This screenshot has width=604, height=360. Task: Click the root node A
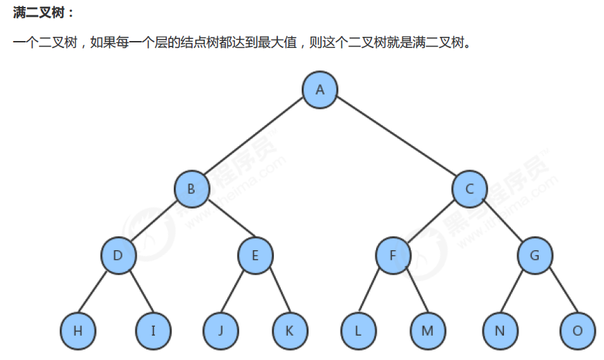[320, 89]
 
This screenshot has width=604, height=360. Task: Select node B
[191, 188]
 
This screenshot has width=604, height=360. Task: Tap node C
[470, 188]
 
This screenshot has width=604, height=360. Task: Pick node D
[118, 256]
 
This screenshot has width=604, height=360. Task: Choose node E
[255, 256]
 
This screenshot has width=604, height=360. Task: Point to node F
[393, 256]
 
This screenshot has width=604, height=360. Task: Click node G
[534, 256]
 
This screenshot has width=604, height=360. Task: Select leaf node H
[77, 330]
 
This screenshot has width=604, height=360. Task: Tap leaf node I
[153, 330]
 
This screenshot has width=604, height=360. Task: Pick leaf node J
[220, 330]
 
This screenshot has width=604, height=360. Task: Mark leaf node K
[289, 330]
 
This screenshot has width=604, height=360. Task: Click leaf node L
[358, 330]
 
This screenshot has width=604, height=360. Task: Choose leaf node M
[427, 330]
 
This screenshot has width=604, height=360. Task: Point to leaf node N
[500, 330]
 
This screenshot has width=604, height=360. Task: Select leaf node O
[578, 330]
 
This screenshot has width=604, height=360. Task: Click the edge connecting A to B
[255, 139]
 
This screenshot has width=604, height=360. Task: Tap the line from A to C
[395, 139]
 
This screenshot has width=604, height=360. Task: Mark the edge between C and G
[502, 222]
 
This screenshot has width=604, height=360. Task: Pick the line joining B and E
[223, 222]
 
